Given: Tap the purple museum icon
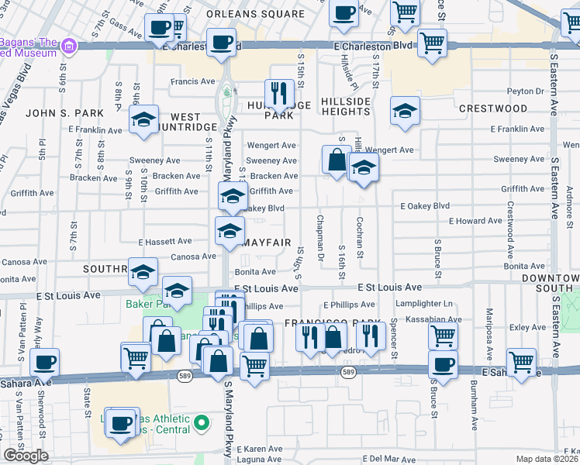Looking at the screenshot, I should coord(70,46).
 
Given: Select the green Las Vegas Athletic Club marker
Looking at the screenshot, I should coord(202,423).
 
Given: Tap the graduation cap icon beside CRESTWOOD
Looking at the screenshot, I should coord(404,112).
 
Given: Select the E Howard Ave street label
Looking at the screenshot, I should coord(475,221).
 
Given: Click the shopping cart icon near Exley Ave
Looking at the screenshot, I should coord(443,336).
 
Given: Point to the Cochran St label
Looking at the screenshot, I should coord(360,239).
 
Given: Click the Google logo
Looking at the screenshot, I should coord(26,456).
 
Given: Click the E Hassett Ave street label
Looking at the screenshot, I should coord(165,242).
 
